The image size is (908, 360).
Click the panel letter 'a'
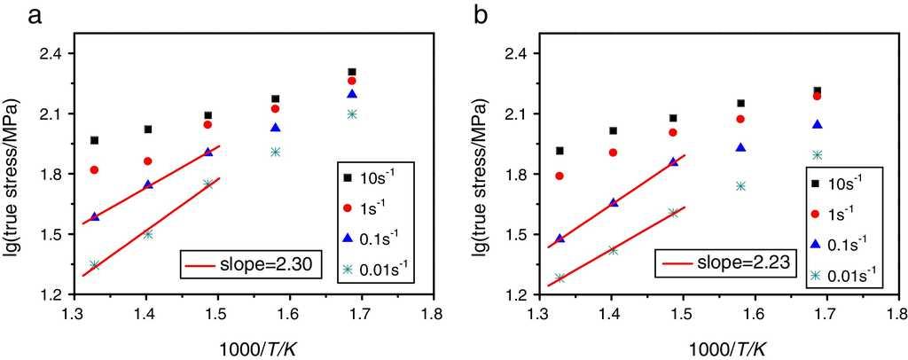pos(12,15)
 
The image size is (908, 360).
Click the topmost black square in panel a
pos(352,72)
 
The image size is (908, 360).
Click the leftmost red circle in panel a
pos(94,169)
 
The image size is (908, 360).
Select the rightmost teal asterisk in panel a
pos(352,113)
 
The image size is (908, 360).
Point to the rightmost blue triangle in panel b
pos(818,124)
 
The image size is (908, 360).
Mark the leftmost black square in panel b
pos(560,151)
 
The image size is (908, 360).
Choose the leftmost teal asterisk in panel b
pos(560,278)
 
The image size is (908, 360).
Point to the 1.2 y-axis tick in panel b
pos(515,294)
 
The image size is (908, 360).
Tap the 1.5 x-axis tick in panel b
pos(681,313)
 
